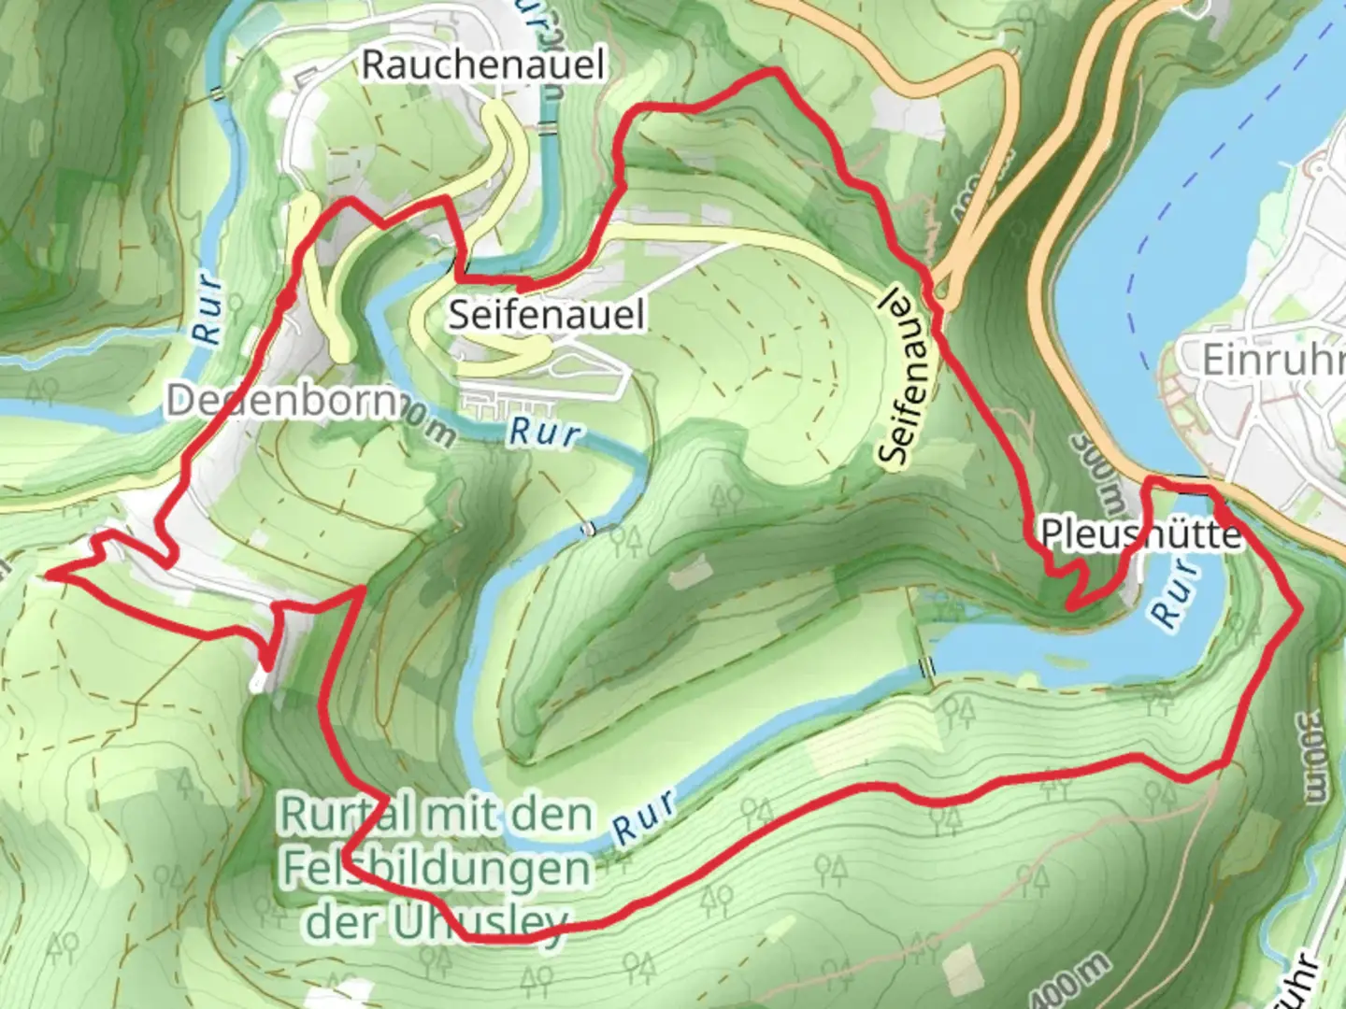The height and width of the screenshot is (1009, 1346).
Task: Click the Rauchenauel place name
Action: (x=483, y=64)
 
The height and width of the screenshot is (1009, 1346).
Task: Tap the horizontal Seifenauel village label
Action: (x=547, y=314)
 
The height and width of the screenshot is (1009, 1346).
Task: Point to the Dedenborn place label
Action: (x=280, y=401)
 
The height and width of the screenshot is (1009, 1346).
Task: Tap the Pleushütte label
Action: (x=1140, y=534)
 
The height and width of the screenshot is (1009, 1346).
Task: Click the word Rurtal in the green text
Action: (x=344, y=815)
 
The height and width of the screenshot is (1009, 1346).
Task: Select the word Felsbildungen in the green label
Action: (x=437, y=869)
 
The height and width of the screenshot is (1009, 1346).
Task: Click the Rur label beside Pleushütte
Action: (x=1176, y=594)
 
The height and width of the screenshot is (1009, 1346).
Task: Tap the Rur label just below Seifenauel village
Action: (x=546, y=433)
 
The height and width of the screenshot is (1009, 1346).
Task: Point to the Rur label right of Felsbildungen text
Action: (x=645, y=816)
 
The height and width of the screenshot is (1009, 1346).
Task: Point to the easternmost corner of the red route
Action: (x=1299, y=610)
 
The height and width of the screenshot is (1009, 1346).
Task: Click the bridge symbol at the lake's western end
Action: (x=926, y=667)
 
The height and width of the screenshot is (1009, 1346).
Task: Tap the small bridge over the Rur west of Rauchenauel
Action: (x=218, y=93)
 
